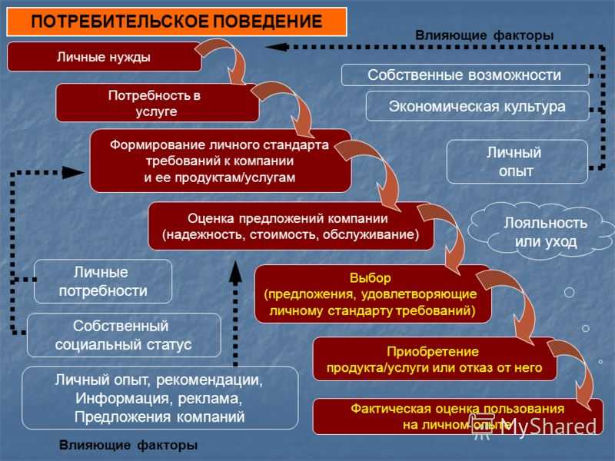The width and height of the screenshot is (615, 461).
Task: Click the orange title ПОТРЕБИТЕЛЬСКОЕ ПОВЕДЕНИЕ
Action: click(177, 22)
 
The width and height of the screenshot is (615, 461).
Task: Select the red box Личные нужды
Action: click(104, 57)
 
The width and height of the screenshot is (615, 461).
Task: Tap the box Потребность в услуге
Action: click(157, 103)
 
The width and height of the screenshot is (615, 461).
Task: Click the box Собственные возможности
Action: click(465, 75)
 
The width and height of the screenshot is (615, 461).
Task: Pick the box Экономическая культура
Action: click(477, 106)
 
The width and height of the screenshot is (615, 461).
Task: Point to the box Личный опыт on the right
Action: click(517, 161)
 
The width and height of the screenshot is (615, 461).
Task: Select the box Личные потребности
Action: click(103, 281)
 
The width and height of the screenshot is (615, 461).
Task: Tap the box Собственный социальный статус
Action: click(124, 335)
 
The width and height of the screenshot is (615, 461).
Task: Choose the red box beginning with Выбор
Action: click(373, 294)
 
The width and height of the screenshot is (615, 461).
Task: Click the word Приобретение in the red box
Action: click(433, 351)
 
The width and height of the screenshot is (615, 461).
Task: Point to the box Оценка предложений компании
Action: click(291, 226)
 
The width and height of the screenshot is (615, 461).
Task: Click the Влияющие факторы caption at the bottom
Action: click(128, 445)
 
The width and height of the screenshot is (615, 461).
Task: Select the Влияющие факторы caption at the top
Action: click(484, 35)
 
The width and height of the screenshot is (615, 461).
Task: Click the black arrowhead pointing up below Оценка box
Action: click(235, 273)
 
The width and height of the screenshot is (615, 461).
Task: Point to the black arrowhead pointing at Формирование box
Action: click(73, 172)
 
